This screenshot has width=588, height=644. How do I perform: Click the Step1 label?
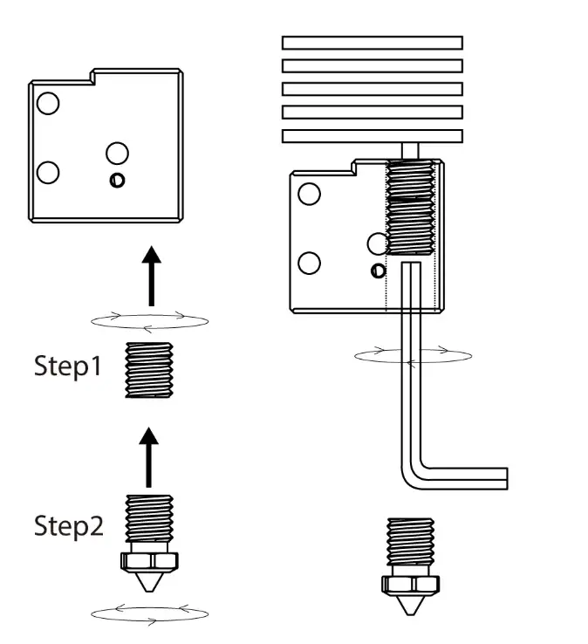click(x=68, y=367)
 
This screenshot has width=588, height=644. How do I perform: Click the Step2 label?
click(x=68, y=526)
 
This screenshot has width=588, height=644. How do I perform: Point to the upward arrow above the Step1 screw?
click(x=152, y=275)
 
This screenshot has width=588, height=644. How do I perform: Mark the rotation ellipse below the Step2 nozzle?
click(x=149, y=614)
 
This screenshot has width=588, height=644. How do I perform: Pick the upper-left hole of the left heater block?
click(x=48, y=104)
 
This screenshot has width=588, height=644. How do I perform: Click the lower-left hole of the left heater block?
click(x=49, y=172)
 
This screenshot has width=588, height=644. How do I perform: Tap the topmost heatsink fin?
click(x=372, y=43)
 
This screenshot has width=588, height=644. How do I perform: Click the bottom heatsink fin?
click(x=372, y=136)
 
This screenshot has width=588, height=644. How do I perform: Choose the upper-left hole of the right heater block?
click(x=309, y=194)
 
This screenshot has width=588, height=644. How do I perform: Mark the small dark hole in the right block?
click(x=377, y=269)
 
